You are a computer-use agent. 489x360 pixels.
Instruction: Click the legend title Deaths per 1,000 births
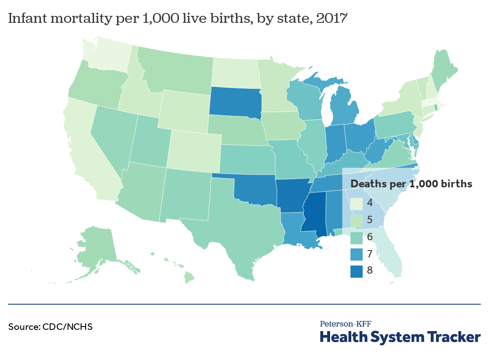point(411,184)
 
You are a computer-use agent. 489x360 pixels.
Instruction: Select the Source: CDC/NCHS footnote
point(50,327)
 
